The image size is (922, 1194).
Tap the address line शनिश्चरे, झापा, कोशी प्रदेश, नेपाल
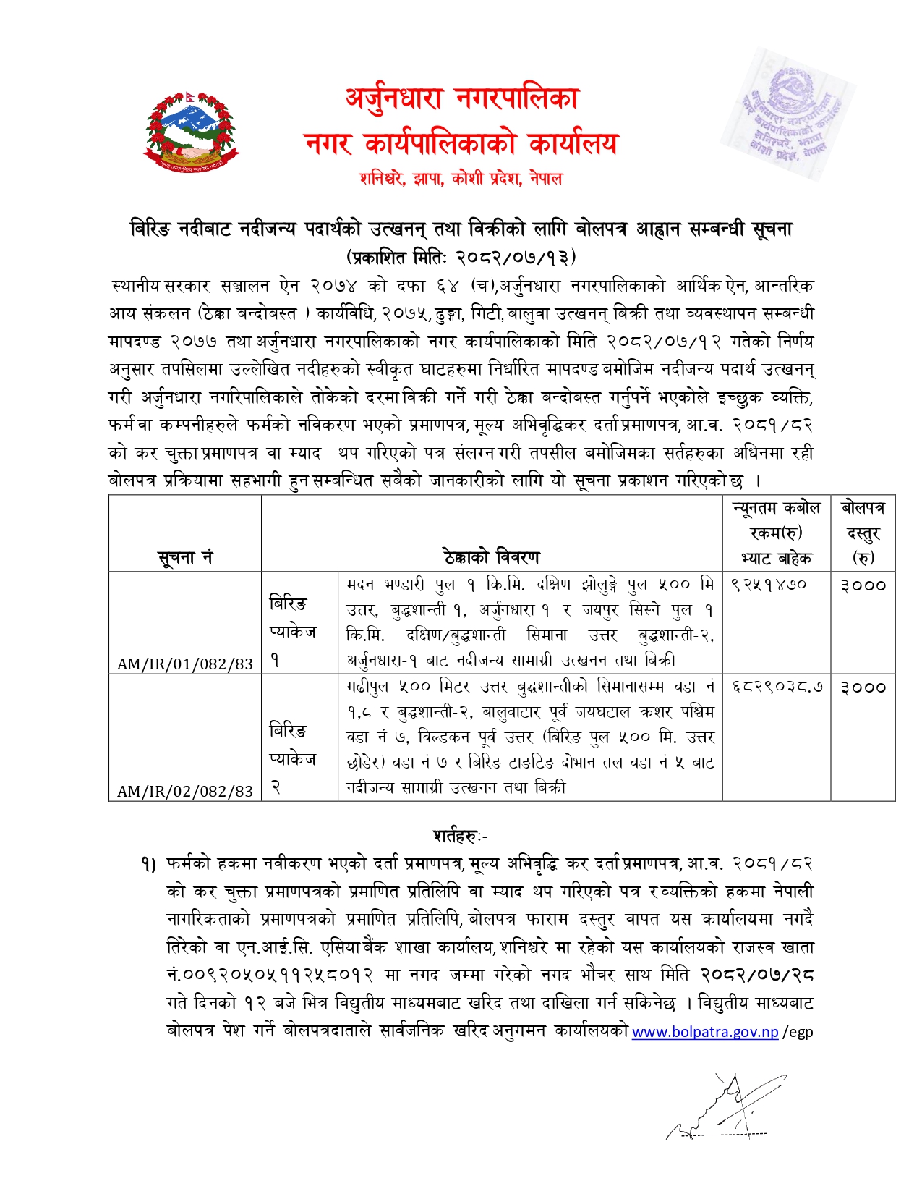(x=461, y=178)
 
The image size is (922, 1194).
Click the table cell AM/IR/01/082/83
(x=185, y=664)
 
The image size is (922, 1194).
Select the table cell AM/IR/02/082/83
(x=185, y=791)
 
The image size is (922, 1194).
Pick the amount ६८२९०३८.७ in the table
(x=777, y=687)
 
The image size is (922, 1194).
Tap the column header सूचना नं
(x=185, y=557)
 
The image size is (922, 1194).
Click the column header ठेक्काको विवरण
(x=492, y=557)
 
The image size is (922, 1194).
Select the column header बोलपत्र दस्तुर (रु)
(x=863, y=533)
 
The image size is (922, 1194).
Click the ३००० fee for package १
(x=863, y=585)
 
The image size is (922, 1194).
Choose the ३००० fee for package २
(x=863, y=687)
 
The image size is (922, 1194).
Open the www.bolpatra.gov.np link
(x=705, y=1032)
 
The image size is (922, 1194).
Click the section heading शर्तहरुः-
(x=461, y=836)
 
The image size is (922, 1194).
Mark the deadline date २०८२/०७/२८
(x=756, y=975)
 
